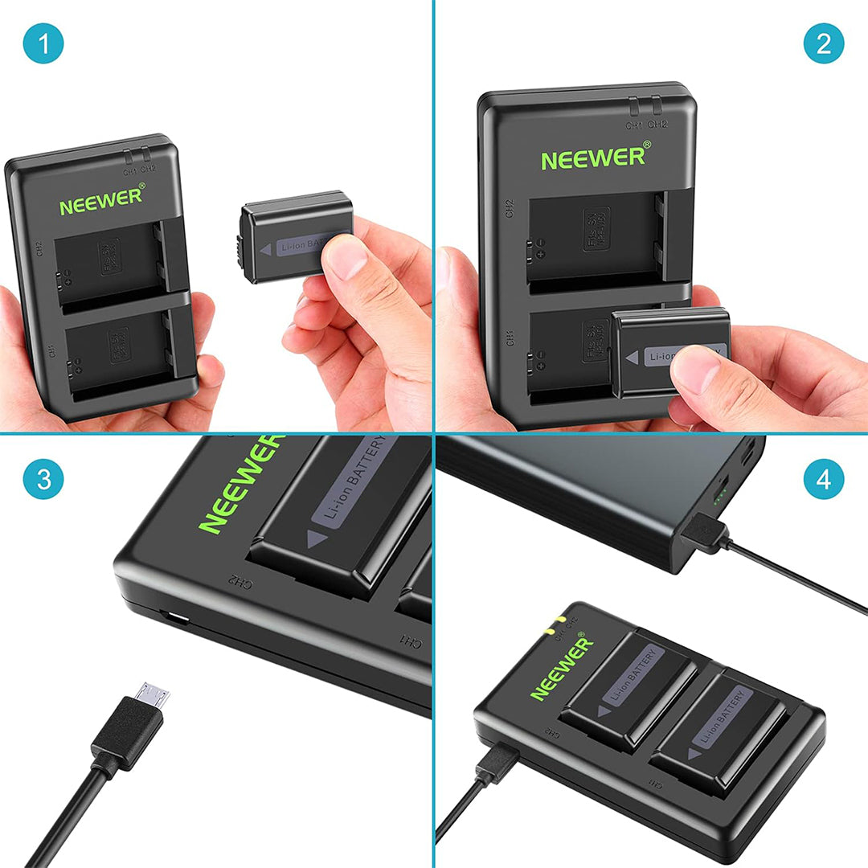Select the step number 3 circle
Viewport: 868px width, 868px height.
(43, 481)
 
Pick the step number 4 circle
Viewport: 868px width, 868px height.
(824, 481)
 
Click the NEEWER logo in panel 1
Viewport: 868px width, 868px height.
(102, 200)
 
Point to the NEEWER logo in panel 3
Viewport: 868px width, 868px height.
(240, 484)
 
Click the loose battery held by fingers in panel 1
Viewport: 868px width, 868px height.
(296, 237)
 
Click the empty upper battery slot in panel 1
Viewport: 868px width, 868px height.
(108, 266)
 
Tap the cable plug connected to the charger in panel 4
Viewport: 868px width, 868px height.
(497, 763)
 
